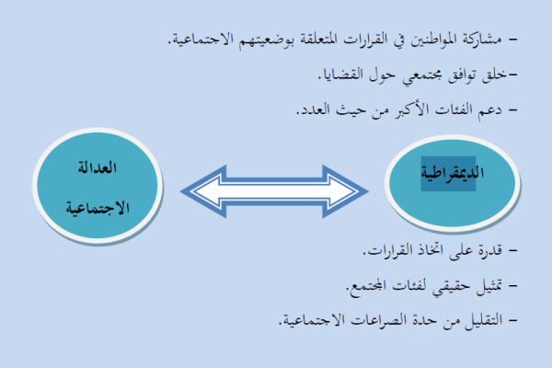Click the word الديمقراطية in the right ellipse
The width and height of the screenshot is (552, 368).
coord(453,173)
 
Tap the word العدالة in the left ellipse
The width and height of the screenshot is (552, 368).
coord(98,167)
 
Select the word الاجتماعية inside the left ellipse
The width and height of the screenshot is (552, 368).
coord(98,208)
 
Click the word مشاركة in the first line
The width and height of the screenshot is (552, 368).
coord(482,39)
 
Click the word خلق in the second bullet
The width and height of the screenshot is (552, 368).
coord(494,75)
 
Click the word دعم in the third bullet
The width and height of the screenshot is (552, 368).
coord(489,110)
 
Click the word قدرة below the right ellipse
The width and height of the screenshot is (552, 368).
coord(490,250)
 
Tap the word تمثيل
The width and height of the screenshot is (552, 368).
coord(489,286)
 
